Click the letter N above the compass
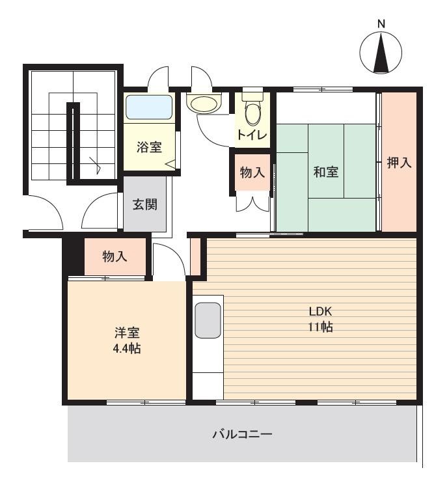(381, 23)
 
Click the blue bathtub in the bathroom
(149, 107)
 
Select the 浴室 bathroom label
(149, 147)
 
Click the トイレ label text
(252, 135)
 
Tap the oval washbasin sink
(204, 104)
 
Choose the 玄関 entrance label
(145, 204)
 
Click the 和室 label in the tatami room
(326, 172)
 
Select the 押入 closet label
(399, 162)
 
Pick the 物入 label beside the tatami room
(252, 172)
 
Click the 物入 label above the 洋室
(115, 256)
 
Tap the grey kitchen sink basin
(208, 320)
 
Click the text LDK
(320, 311)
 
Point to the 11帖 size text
(320, 327)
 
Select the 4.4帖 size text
(127, 348)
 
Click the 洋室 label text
(127, 333)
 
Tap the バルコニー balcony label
(242, 434)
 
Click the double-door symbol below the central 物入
(252, 201)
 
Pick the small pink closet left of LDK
(195, 256)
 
